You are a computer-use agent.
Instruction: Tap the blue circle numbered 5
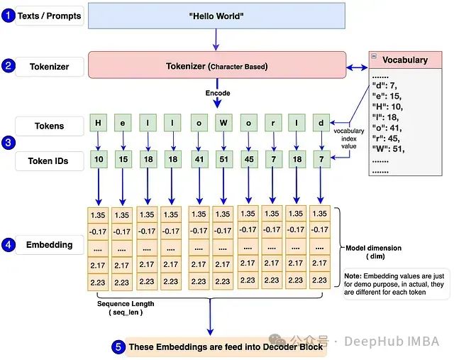click(x=118, y=347)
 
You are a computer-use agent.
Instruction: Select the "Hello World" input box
click(x=216, y=16)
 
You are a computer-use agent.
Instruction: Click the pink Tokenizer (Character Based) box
click(x=216, y=66)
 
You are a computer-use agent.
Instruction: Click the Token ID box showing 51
click(x=223, y=159)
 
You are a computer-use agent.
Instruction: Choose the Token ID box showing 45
click(x=248, y=159)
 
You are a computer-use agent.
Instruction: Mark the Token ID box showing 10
click(x=98, y=159)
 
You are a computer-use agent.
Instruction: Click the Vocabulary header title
click(x=404, y=60)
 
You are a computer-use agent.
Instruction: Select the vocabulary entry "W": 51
click(x=388, y=148)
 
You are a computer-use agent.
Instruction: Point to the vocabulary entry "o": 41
click(x=387, y=127)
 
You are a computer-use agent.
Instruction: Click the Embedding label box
click(x=50, y=245)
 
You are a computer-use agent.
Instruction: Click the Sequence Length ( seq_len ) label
click(x=126, y=308)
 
